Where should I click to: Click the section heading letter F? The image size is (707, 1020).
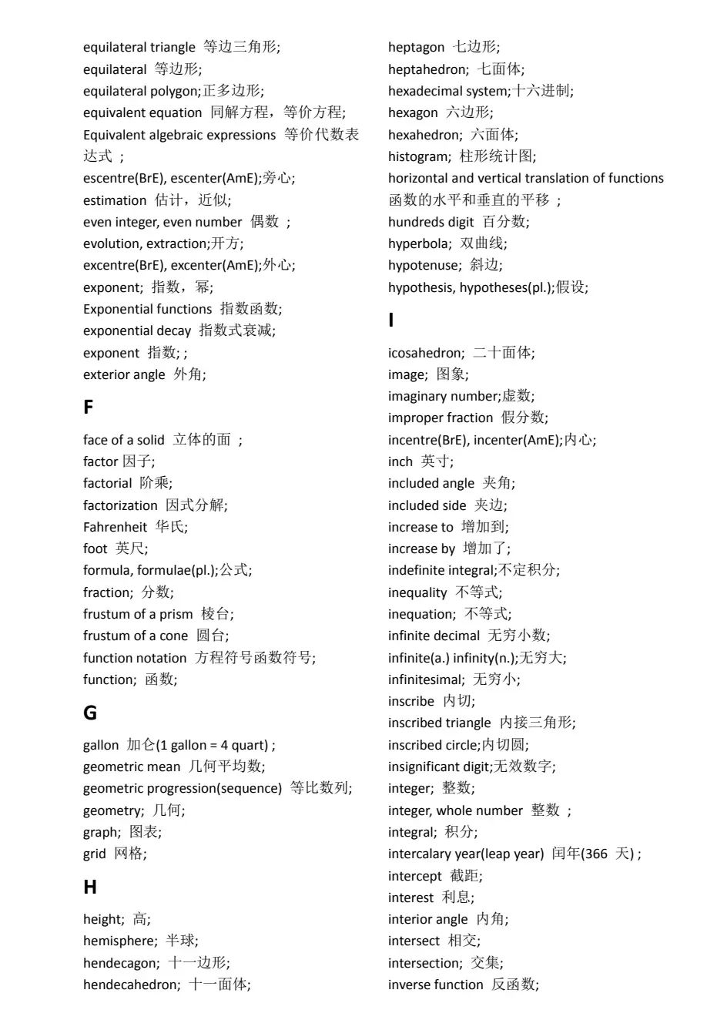(x=89, y=407)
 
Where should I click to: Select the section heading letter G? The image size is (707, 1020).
(x=90, y=713)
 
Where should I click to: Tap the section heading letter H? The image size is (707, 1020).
(x=90, y=887)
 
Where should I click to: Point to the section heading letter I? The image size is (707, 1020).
(x=391, y=320)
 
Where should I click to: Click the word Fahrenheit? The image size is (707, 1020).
(x=115, y=527)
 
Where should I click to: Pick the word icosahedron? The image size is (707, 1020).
(x=425, y=353)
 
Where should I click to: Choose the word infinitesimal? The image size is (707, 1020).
(x=425, y=679)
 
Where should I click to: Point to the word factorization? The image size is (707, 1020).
(x=120, y=505)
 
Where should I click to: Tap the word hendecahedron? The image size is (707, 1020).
(x=130, y=985)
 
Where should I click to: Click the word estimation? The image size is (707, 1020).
(x=115, y=200)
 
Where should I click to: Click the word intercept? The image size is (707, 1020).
(x=415, y=876)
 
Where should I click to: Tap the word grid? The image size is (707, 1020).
(x=95, y=854)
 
